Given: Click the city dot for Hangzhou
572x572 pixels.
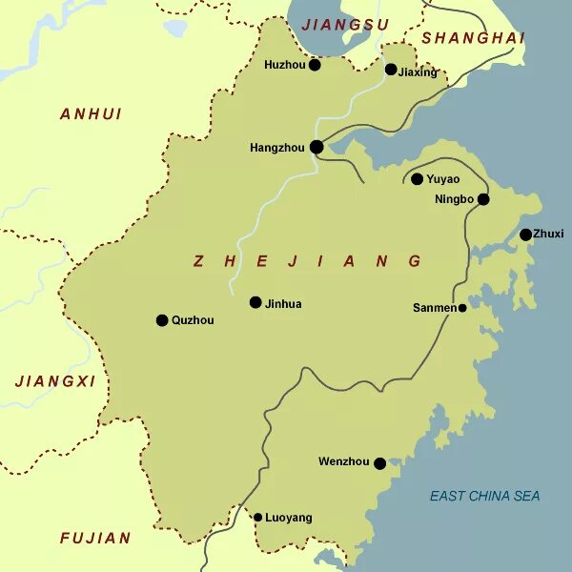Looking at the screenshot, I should coord(317,147).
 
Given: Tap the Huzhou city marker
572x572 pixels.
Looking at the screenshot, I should coord(315,65).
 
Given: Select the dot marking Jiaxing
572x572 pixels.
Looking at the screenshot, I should coord(391,70).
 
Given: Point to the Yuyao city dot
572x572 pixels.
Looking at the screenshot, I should coord(417,178).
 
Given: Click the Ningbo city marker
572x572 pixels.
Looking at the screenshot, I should coord(483,199).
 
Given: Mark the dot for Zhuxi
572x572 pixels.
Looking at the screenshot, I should coord(525,235).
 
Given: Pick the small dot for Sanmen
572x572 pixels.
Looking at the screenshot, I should coord(462,308).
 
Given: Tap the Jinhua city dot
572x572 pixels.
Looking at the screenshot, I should coord(255,302).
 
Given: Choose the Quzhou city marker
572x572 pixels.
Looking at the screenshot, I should coord(162,320).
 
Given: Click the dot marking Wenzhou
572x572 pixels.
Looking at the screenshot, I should coord(379,463).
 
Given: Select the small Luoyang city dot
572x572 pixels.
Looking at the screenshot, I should coord(257,518).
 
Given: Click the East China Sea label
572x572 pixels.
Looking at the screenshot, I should coord(484,496).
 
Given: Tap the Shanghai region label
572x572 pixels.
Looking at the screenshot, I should coord(474,38).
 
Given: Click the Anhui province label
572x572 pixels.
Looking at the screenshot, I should coord(92,113).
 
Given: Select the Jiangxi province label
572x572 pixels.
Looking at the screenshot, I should coord(56,380).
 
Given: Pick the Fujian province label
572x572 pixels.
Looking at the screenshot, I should coord(95,538).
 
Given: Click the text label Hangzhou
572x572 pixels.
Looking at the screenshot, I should coord(276,148).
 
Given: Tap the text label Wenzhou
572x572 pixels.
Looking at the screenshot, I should coord(343,462).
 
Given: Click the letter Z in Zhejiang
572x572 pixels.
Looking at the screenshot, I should coord(198,261).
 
